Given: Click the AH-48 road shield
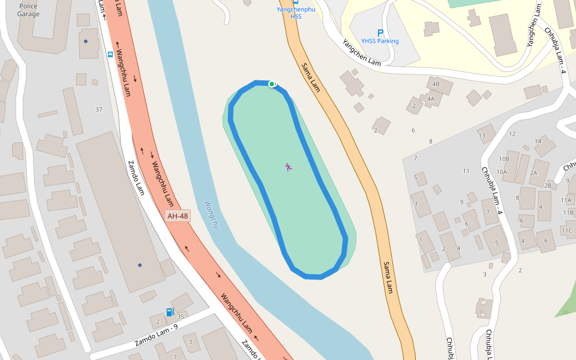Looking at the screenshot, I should [178, 216].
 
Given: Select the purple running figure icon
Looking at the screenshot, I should [289, 167].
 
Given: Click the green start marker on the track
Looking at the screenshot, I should [272, 84].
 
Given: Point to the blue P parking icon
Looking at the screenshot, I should [380, 32].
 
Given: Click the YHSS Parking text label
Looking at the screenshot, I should [380, 41].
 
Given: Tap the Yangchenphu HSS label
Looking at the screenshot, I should [296, 13].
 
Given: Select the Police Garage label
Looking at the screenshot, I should [28, 10].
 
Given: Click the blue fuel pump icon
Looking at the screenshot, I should [169, 312].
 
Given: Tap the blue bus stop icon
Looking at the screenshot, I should [110, 53].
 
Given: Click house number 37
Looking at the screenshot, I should [99, 109].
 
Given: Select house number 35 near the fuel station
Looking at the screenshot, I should [180, 315].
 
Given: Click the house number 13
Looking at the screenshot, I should [482, 136].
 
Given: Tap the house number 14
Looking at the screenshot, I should [538, 141].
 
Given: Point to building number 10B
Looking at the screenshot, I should [504, 159].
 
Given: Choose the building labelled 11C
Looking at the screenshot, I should [567, 230].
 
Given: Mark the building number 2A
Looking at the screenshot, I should [534, 173].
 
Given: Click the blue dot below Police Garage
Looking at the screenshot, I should [86, 41].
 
